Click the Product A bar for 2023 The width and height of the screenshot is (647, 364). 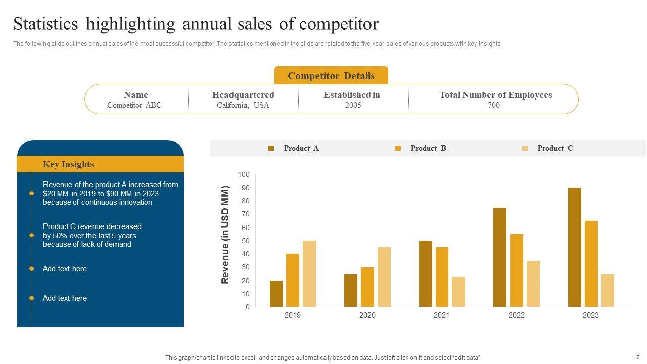pos(574,247)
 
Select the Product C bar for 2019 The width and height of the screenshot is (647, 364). pos(309,274)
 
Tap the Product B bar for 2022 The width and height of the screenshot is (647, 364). pos(517,270)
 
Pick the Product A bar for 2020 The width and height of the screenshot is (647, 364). pos(351,290)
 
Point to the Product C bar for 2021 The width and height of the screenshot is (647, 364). pos(458,292)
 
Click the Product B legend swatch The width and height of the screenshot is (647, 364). pos(398,148)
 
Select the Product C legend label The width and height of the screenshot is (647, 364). pos(555,148)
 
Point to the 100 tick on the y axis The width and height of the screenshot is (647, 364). pos(244,174)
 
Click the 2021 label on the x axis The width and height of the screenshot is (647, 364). pos(441,315)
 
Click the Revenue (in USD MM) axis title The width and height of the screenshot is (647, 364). pos(225,235)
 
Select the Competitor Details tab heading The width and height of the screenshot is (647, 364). pos(331,76)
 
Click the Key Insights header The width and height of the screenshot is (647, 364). pos(68,164)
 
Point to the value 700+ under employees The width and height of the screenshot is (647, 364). pos(495,105)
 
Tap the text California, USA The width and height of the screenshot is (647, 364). pos(243,105)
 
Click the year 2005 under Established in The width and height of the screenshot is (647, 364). pos(353,105)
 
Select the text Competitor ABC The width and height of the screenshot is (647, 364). pos(134,105)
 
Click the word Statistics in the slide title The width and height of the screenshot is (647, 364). pos(45,24)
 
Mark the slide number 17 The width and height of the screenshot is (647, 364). pos(636,357)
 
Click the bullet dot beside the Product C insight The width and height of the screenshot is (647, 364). pos(32,235)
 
